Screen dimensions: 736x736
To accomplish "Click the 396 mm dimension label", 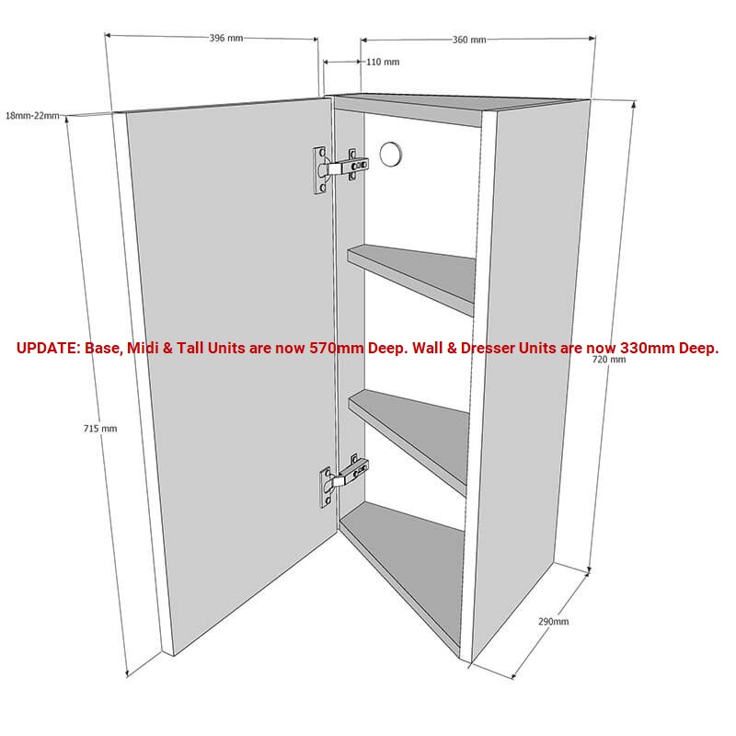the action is (226, 38).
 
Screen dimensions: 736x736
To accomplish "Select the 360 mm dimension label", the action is (469, 40).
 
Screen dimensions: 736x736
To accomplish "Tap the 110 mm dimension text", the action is (383, 62).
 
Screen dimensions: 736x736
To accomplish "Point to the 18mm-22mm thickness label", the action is (32, 116).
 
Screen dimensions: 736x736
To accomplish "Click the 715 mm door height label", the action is (100, 429).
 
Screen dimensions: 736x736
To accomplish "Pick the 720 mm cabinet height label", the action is (609, 360).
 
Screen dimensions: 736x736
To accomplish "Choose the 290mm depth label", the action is (554, 622).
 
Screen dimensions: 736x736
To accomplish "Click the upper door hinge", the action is (340, 169).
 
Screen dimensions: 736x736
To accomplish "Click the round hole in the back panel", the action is (391, 154).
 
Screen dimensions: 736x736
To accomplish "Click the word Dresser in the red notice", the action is (489, 348).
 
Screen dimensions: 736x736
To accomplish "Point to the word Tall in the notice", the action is (190, 348).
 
